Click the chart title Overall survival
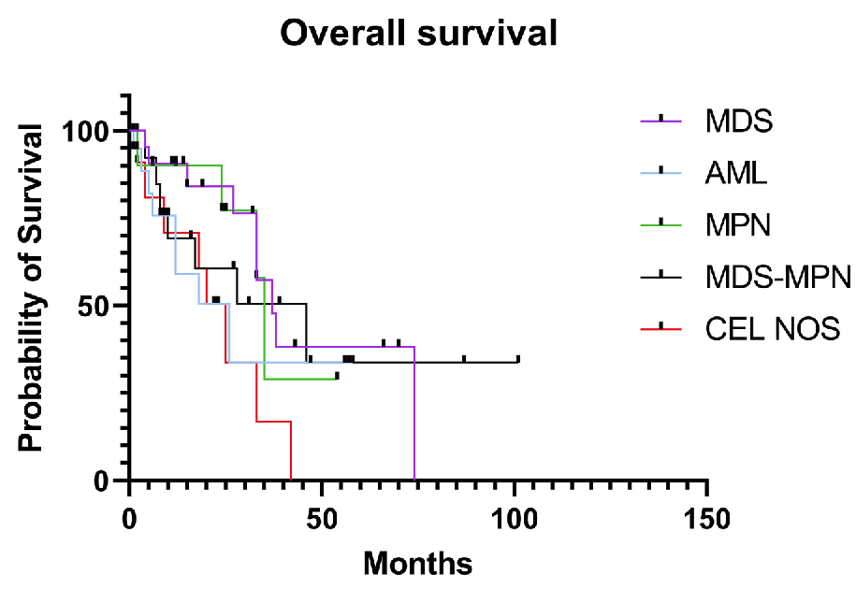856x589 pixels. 419,34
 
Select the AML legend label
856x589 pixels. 738,174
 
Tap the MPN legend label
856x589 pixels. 739,225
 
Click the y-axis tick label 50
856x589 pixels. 102,306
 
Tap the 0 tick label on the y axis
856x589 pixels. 109,481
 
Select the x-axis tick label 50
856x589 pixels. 322,517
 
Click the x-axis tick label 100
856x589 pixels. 515,517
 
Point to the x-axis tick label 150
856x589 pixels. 707,517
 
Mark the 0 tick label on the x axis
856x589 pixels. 130,517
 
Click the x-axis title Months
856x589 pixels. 417,563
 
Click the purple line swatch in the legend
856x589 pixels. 661,120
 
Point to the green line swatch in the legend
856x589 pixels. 661,223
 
